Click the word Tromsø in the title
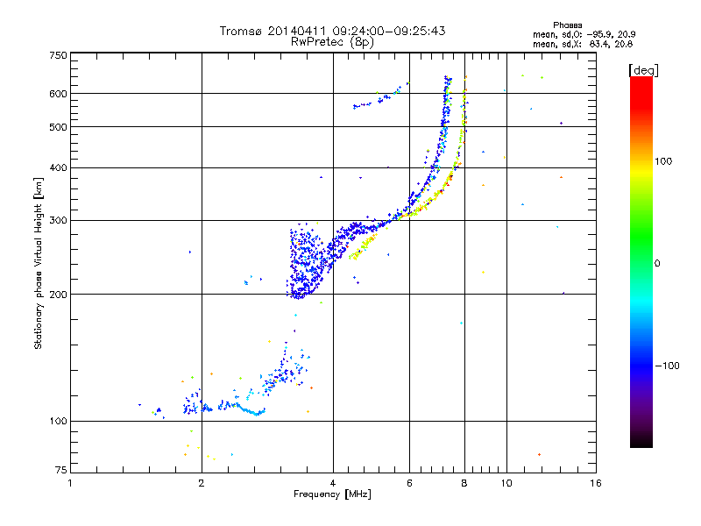[241, 31]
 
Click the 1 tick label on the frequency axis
[70, 483]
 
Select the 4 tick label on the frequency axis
[333, 483]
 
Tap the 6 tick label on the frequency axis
[409, 483]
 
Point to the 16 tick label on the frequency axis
[595, 483]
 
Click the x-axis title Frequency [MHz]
[332, 494]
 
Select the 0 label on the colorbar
[657, 263]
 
